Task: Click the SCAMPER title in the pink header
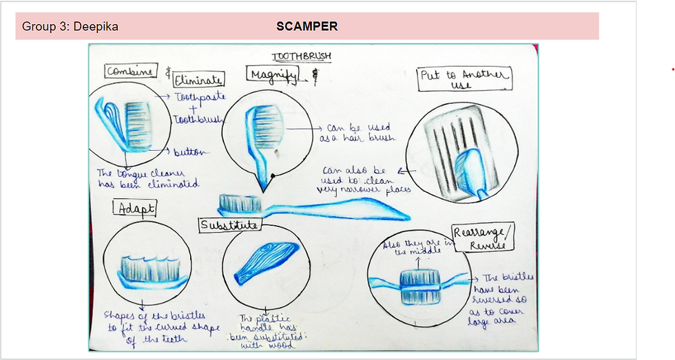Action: (307, 27)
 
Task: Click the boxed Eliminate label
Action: (198, 79)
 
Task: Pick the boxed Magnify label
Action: (273, 76)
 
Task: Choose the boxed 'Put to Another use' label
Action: (465, 79)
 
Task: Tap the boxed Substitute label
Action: (229, 225)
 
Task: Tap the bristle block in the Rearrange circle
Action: (419, 284)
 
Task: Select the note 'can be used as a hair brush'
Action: (357, 132)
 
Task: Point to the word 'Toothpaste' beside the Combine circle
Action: (200, 98)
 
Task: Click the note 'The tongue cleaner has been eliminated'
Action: (147, 178)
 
